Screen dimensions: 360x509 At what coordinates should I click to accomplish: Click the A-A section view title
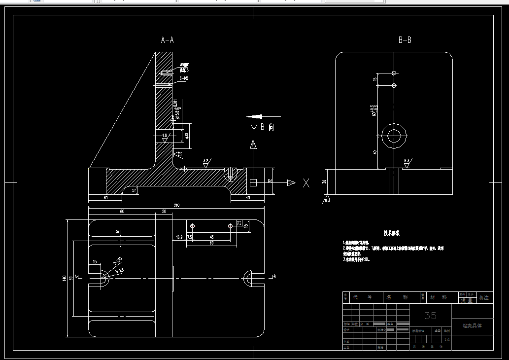pos(167,40)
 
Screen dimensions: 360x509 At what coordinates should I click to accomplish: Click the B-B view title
pos(405,40)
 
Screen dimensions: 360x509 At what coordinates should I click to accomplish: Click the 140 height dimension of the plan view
pos(65,279)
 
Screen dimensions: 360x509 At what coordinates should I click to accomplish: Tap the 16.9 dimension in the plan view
pos(179,237)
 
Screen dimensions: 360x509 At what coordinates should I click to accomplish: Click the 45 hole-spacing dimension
pos(211,237)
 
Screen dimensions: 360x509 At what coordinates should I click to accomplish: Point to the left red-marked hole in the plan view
pos(193,226)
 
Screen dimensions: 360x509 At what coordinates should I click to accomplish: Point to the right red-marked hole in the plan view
pos(230,226)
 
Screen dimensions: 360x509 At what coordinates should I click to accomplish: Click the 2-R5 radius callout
pos(119,271)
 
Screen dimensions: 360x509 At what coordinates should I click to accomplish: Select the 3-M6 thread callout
pos(184,78)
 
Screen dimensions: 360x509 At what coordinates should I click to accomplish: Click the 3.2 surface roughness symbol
pos(206,161)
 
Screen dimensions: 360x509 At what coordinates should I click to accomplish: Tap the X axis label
pos(306,183)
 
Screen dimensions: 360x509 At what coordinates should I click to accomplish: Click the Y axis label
pos(253,129)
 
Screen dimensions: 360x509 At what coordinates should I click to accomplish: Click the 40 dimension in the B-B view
pos(375,152)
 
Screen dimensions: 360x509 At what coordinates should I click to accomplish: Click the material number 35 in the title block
pos(430,315)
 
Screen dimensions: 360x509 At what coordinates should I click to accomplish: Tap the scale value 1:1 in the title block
pos(447,340)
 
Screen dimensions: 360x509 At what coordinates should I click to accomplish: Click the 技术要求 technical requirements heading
pos(392,233)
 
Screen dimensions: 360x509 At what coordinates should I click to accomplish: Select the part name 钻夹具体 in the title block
pos(472,326)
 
